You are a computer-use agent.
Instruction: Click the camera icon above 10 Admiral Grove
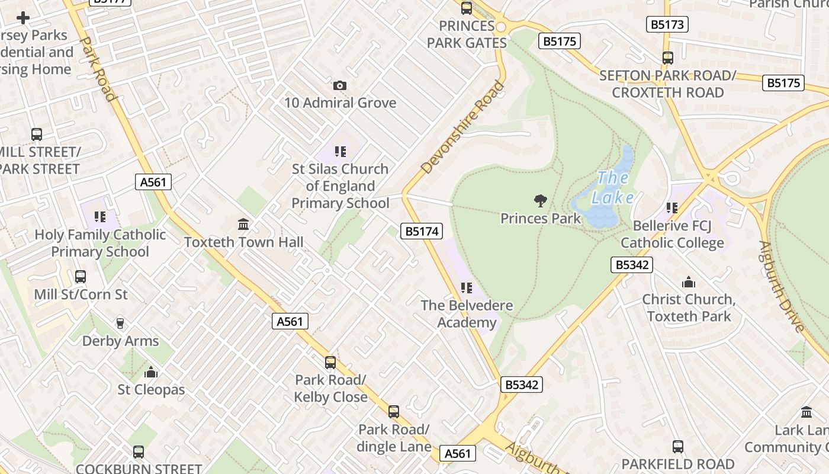pos(339,86)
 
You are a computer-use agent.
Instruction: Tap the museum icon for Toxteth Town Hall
pos(243,225)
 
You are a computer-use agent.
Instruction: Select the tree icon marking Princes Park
pos(540,201)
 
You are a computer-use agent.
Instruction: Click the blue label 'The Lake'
pos(613,187)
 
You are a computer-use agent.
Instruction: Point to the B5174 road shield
pos(422,231)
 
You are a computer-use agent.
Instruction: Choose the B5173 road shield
pos(667,24)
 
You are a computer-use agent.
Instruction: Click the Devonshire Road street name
pos(463,127)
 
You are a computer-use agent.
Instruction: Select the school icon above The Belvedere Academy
pos(467,288)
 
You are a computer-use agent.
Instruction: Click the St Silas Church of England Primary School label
pos(340,186)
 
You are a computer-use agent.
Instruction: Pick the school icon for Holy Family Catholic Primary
pos(100,217)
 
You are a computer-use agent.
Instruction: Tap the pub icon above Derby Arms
pos(120,323)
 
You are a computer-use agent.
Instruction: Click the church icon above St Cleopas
pos(151,372)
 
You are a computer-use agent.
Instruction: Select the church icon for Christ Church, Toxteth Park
pos(689,282)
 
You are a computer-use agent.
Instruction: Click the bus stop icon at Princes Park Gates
pos(467,8)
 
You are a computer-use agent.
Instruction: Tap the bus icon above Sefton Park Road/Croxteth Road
pos(668,58)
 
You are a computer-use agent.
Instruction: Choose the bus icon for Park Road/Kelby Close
pos(330,362)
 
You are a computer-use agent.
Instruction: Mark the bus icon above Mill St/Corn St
pos(81,277)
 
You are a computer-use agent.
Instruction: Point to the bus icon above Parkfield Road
pos(678,446)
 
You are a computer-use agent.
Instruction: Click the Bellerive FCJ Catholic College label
pos(672,234)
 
